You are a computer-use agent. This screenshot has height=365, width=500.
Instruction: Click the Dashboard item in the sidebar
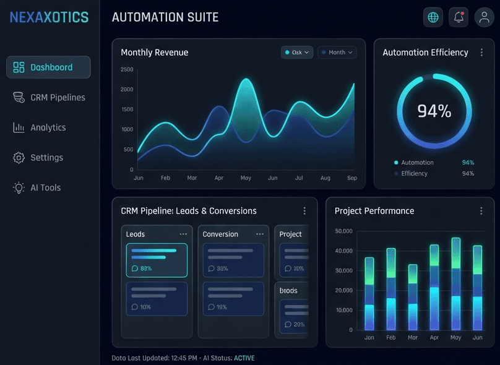pyautogui.click(x=48, y=67)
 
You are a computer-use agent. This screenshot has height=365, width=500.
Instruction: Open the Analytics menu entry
pyautogui.click(x=40, y=127)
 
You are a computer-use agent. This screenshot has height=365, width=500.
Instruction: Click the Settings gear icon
pyautogui.click(x=19, y=158)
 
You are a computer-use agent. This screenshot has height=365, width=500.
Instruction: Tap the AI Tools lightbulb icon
pyautogui.click(x=19, y=187)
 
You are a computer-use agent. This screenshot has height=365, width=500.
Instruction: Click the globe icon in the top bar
pyautogui.click(x=433, y=17)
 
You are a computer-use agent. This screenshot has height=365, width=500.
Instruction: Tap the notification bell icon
pyautogui.click(x=459, y=17)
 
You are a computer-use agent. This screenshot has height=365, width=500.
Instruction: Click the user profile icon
pyautogui.click(x=484, y=17)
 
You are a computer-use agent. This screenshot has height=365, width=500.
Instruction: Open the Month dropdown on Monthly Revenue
pyautogui.click(x=337, y=53)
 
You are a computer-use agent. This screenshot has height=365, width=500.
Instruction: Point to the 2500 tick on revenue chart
pyautogui.click(x=127, y=69)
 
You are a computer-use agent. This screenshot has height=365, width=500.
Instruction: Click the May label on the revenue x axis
pyautogui.click(x=246, y=178)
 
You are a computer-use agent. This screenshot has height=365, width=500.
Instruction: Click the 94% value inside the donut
pyautogui.click(x=434, y=111)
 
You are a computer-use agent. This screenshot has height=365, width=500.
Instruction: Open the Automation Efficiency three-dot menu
pyautogui.click(x=481, y=53)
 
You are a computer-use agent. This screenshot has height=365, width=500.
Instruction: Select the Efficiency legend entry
pyautogui.click(x=414, y=174)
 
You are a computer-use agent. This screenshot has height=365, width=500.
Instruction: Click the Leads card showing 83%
pyautogui.click(x=157, y=260)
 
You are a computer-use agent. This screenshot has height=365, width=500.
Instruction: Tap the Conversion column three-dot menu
pyautogui.click(x=260, y=234)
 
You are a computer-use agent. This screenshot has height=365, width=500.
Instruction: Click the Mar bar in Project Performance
pyautogui.click(x=413, y=297)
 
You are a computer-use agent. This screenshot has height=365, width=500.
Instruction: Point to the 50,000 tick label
pyautogui.click(x=343, y=231)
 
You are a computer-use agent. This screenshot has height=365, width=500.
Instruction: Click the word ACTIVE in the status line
pyautogui.click(x=244, y=358)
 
